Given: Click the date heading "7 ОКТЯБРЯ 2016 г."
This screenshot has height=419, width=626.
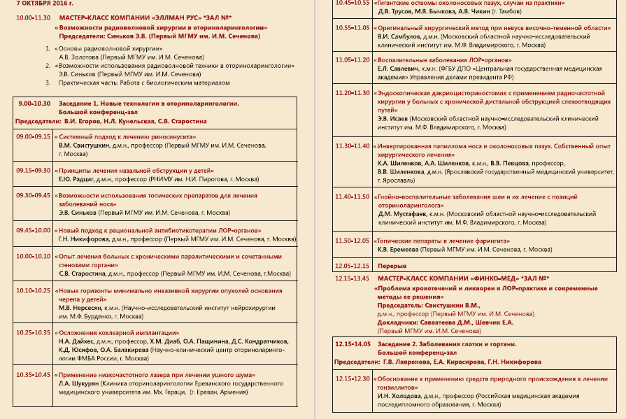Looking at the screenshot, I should [44, 4].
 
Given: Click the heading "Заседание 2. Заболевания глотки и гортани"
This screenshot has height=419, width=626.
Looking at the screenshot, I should [446, 344].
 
